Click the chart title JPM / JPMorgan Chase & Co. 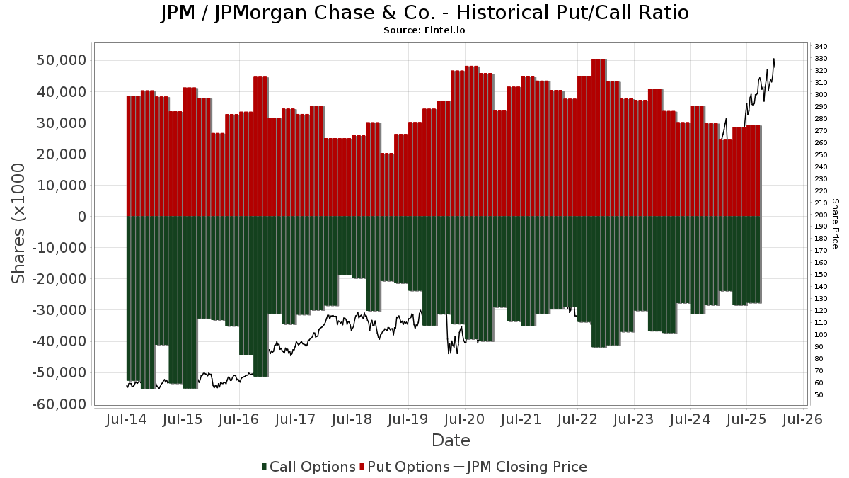coord(424,13)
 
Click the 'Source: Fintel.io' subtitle coord(424,30)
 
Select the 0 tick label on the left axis coord(81,217)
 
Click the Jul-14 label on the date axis coord(126,419)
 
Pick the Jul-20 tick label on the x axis coord(465,419)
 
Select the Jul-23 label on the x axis coord(634,419)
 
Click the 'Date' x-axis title coord(451,440)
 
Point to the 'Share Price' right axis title coord(836,223)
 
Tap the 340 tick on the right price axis coord(821,47)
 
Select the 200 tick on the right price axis coord(821,215)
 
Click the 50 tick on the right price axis coord(819,394)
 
